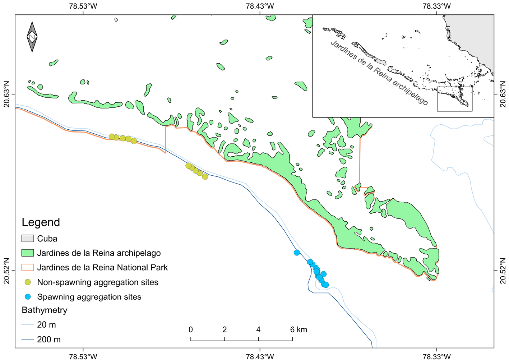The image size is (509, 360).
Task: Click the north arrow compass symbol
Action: coord(32,37)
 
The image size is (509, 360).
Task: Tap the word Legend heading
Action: coord(41,222)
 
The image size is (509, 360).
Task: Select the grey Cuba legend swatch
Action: coord(28,238)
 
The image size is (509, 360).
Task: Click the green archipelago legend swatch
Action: coord(28,253)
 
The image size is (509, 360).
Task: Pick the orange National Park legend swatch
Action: coord(28,268)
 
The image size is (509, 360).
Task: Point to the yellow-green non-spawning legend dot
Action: coord(28,282)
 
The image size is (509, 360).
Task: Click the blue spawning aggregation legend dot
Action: coord(28,297)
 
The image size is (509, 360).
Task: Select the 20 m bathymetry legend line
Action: coord(28,325)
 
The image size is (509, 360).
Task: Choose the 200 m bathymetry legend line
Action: coord(28,340)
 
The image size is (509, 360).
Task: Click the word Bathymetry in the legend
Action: coord(45,310)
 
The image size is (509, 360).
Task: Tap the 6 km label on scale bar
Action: coord(299,329)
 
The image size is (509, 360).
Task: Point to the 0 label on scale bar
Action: coord(191,329)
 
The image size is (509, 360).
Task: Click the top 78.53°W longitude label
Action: coord(83,6)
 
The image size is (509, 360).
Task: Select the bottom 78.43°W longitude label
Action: coord(260,356)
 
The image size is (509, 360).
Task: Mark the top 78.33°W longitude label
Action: coord(436,6)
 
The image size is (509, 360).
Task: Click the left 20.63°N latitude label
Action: coord(7,94)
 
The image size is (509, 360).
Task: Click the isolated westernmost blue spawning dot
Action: coord(297,253)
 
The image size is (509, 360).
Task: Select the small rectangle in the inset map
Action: coord(454,99)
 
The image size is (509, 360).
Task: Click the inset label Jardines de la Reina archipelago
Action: coord(379,73)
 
